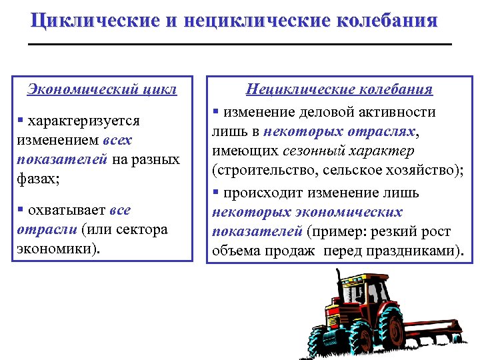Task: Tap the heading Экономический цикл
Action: coord(101,89)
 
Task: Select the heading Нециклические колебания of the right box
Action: coord(339,89)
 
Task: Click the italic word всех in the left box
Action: coord(117,141)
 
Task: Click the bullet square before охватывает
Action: coord(21,210)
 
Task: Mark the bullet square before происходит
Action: coord(216,193)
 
